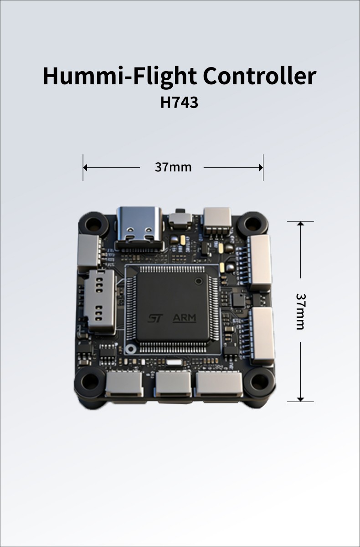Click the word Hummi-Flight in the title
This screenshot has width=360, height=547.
pyautogui.click(x=120, y=76)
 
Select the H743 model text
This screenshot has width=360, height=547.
pyautogui.click(x=179, y=103)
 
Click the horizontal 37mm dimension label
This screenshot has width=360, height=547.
pyautogui.click(x=173, y=167)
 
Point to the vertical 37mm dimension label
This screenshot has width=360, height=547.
pyautogui.click(x=300, y=311)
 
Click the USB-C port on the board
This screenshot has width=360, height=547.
pyautogui.click(x=139, y=227)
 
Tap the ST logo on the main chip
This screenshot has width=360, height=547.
pyautogui.click(x=155, y=318)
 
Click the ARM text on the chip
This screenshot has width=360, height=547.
pyautogui.click(x=184, y=318)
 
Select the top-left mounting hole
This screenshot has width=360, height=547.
pyautogui.click(x=93, y=224)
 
